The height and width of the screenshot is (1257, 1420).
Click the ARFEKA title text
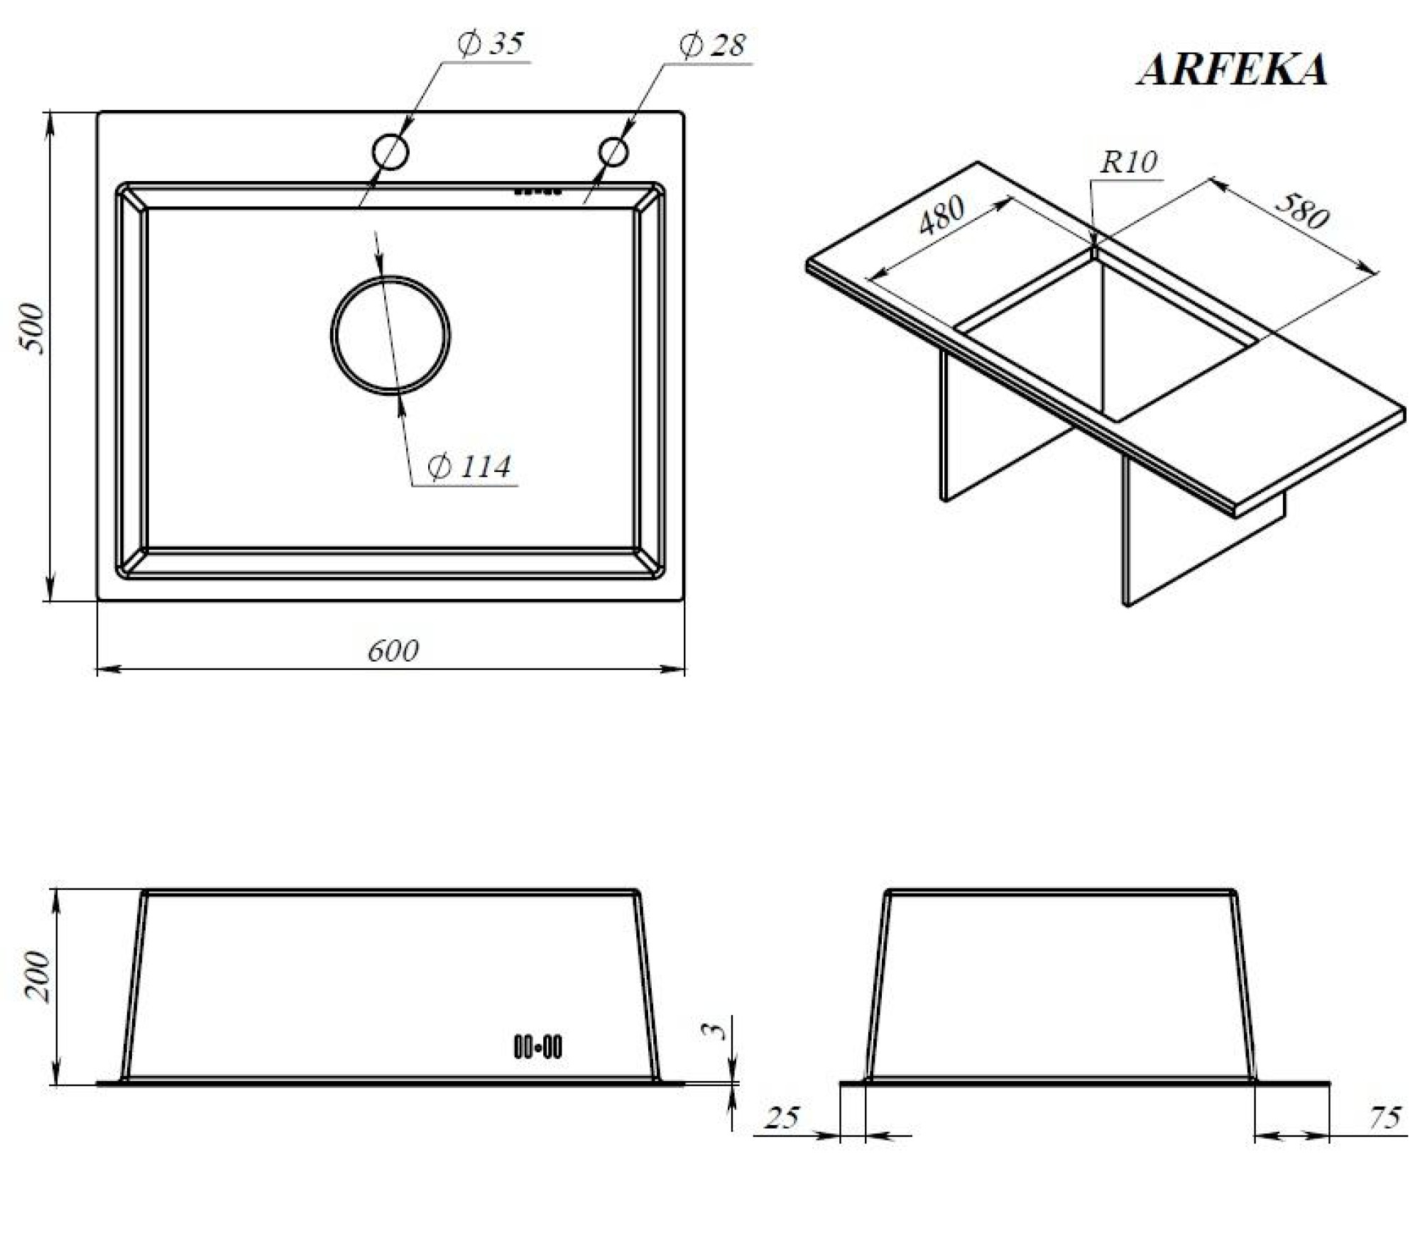click(x=1232, y=70)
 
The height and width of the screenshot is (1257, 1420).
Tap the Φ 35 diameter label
click(x=490, y=44)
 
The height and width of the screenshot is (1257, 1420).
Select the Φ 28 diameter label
click(x=712, y=45)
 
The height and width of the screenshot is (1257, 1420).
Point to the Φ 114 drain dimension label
click(x=469, y=467)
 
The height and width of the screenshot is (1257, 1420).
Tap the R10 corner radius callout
click(x=1128, y=163)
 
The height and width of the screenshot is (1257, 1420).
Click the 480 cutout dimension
click(x=941, y=214)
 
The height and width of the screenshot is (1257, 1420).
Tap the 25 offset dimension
click(x=782, y=1118)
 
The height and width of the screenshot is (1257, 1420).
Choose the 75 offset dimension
click(x=1384, y=1118)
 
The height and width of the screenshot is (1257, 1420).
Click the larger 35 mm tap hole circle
click(x=390, y=152)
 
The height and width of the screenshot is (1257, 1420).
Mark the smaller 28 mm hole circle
click(x=613, y=151)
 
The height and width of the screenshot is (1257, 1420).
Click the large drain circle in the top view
click(x=390, y=334)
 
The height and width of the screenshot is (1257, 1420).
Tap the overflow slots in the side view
click(x=537, y=1047)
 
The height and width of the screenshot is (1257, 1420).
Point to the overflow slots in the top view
click(x=537, y=191)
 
